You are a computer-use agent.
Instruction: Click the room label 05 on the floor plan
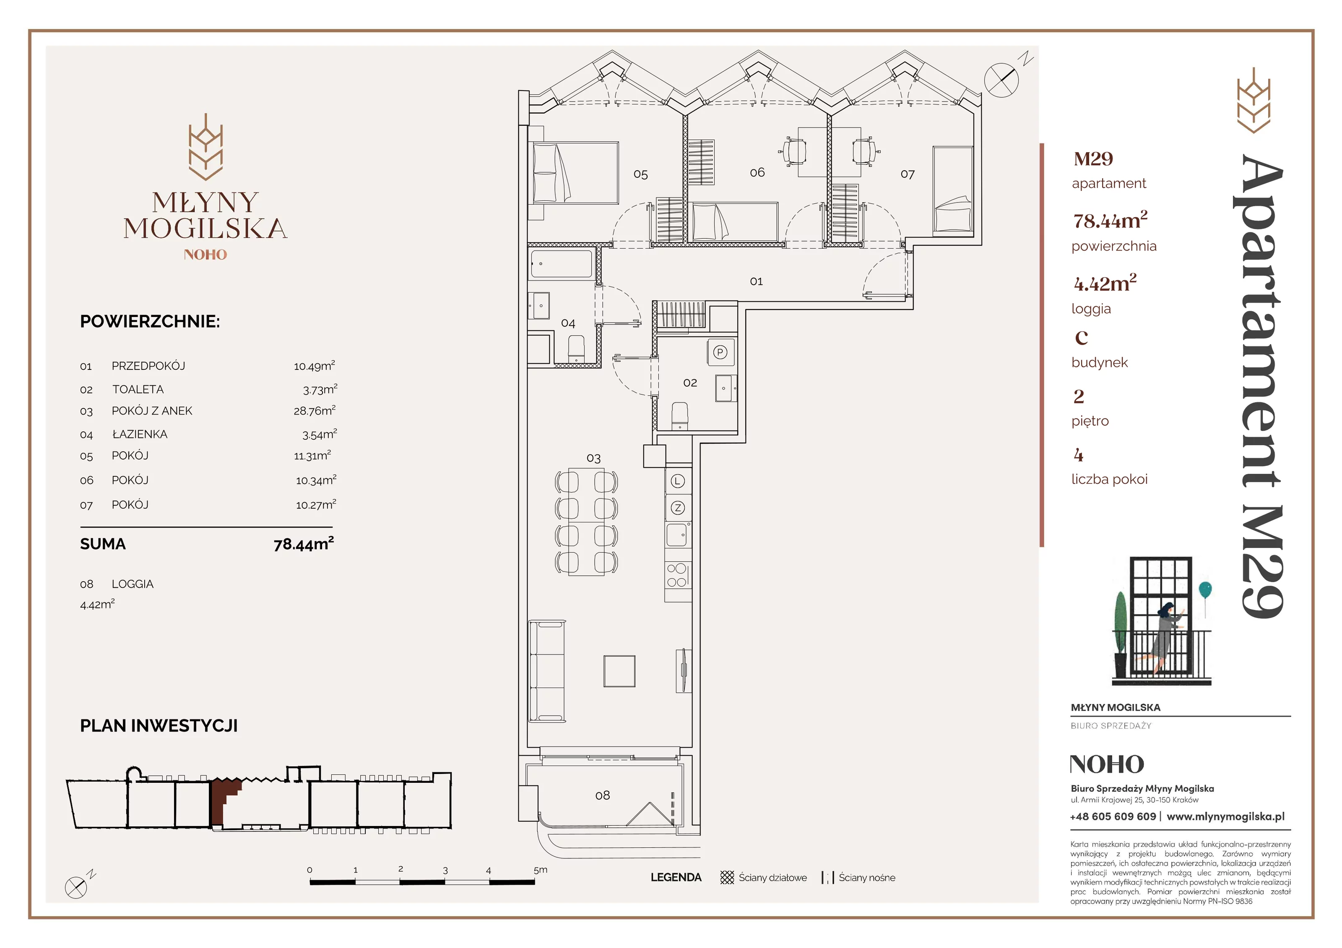641,174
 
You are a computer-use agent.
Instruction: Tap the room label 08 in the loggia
602,795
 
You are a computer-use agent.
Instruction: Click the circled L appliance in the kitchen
677,481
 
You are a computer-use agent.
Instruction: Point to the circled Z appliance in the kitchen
677,508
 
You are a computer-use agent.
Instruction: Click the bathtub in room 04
561,264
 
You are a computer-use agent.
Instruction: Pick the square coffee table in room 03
619,671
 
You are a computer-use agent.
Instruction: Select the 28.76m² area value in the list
315,410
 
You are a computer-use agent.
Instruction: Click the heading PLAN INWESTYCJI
159,726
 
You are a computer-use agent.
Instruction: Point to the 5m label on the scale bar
541,870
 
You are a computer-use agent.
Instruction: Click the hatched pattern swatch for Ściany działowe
727,877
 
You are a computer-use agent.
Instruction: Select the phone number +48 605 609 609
1113,816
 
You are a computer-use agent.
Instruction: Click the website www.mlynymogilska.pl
1226,816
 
